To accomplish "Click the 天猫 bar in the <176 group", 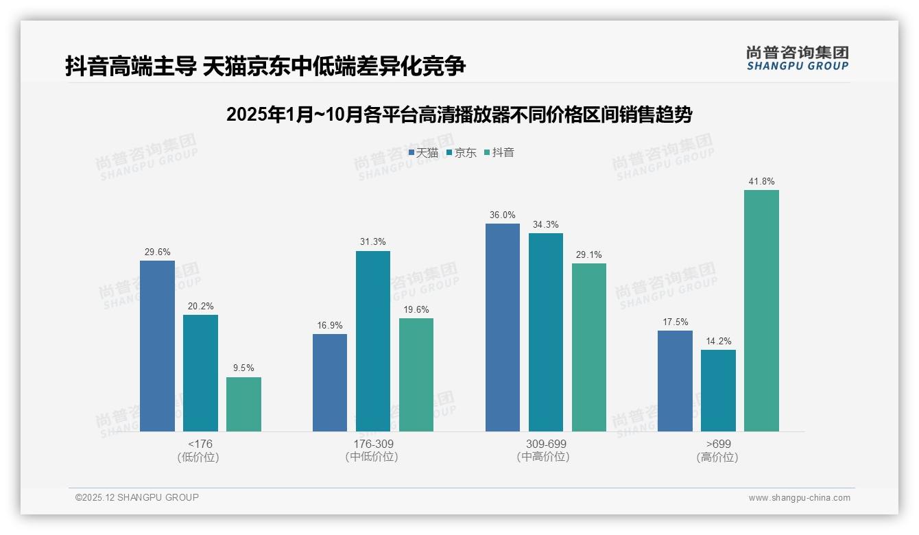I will click(157, 346).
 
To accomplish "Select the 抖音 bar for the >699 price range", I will click(761, 311).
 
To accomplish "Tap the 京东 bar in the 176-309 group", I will click(373, 341).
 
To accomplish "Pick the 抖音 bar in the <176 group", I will click(243, 404).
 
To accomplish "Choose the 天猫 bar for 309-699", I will click(503, 327).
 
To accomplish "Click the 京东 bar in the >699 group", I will click(718, 390).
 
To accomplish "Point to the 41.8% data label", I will click(761, 182).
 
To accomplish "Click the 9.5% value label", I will click(243, 368).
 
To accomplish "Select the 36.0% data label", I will click(503, 215).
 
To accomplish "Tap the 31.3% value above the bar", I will click(373, 242).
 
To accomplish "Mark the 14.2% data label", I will click(718, 342).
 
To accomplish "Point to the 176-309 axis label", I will click(373, 444).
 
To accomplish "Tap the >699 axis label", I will click(718, 444).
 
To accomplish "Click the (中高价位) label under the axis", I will click(542, 457).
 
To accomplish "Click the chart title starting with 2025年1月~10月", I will click(459, 115).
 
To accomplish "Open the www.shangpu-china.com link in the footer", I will click(799, 498).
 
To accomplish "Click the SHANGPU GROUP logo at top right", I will click(797, 58).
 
